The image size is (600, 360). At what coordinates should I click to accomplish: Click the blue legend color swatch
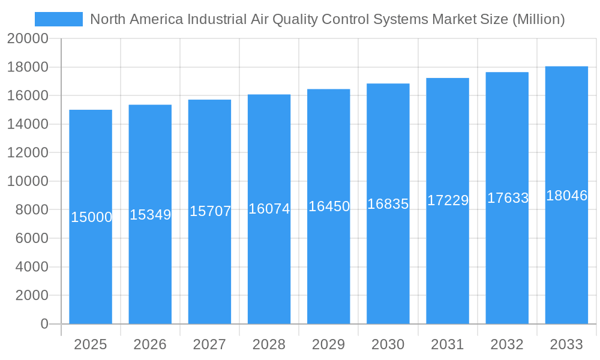click(59, 19)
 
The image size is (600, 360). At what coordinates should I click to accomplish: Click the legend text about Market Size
click(327, 19)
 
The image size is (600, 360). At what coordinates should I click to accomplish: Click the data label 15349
click(151, 214)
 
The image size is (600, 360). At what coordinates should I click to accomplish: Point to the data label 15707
click(210, 211)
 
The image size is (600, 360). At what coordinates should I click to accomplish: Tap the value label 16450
click(329, 206)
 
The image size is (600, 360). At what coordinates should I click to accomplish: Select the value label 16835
click(388, 204)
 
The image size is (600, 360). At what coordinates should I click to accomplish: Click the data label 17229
click(448, 200)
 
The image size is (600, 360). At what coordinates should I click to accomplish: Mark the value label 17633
click(508, 198)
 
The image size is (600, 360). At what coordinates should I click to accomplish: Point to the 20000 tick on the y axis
click(28, 39)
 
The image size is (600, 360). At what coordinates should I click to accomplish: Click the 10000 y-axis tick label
click(28, 181)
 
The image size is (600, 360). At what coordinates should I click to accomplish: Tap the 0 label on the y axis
click(44, 324)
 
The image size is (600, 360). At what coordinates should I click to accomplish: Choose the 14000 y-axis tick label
click(28, 124)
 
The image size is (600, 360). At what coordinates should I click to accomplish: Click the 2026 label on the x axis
click(150, 344)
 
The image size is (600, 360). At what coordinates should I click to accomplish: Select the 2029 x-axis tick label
click(328, 344)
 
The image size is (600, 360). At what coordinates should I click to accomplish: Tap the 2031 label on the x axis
click(448, 344)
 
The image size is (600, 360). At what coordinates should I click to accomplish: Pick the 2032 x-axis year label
click(507, 344)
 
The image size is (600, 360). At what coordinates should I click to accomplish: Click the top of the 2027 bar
click(209, 100)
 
